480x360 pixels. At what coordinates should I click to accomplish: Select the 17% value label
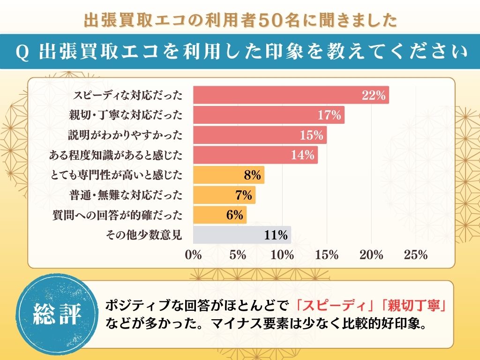tap(330, 115)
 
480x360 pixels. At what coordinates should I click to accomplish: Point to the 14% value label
tap(302, 155)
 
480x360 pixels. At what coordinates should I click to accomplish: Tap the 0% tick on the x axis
tap(193, 255)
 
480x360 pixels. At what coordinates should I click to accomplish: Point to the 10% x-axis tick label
tap(282, 255)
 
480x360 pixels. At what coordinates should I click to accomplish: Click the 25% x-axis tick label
tap(416, 255)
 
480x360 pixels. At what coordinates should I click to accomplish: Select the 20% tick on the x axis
tap(371, 255)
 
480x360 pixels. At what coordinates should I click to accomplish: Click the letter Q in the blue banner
tap(20, 52)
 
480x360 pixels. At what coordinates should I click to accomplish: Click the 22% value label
tap(374, 96)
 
